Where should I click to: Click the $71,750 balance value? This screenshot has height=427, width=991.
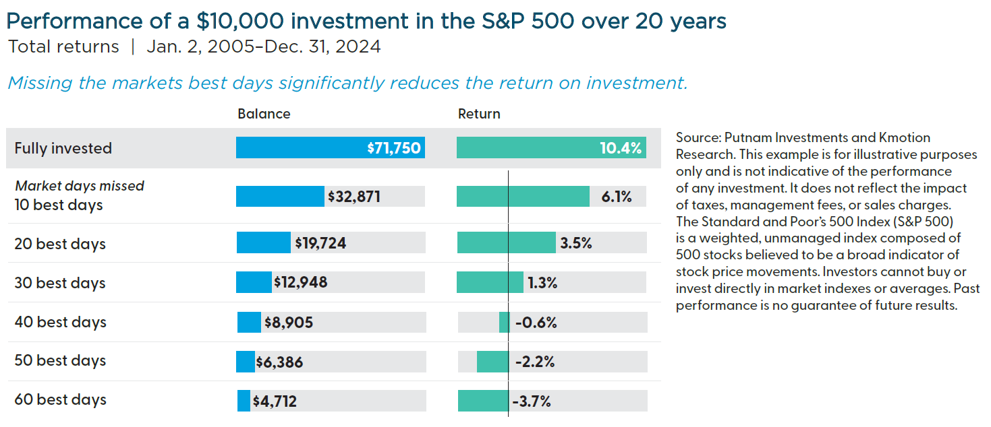click(x=394, y=149)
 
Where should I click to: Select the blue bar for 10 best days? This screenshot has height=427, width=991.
click(x=280, y=197)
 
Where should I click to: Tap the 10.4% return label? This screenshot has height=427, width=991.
click(x=620, y=149)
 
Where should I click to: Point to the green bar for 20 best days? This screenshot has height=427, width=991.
click(x=506, y=243)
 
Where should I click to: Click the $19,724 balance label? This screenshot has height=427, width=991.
click(x=320, y=243)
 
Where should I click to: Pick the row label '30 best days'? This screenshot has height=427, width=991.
click(x=60, y=283)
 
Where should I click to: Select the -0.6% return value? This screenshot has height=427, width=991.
click(x=536, y=323)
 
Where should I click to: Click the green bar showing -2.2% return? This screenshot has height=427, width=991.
click(x=492, y=362)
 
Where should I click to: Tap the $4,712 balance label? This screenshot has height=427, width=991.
click(x=275, y=402)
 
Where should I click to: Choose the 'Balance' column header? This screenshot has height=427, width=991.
click(x=264, y=114)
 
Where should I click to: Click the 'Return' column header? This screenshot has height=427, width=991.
click(x=479, y=114)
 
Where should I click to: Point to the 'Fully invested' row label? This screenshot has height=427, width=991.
click(x=63, y=148)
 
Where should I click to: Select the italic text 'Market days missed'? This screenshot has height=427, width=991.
click(x=80, y=186)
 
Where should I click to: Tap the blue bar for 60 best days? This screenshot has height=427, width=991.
click(x=244, y=401)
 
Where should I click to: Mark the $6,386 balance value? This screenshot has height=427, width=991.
click(x=279, y=362)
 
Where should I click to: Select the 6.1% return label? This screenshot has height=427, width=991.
click(x=615, y=197)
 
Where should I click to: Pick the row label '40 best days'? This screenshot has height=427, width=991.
click(x=60, y=323)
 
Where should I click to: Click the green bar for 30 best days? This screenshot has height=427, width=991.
click(x=490, y=283)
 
